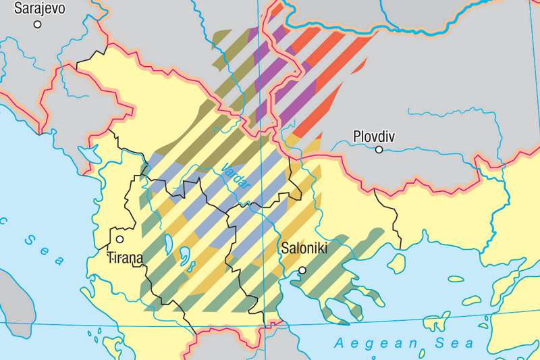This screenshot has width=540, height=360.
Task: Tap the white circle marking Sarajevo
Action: [38, 24]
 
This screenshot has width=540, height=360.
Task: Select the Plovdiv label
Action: [374, 136]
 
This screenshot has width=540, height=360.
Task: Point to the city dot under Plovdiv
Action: [379, 149]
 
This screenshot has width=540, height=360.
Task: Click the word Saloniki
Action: [304, 249]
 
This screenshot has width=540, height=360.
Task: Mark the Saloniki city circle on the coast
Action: [302, 270]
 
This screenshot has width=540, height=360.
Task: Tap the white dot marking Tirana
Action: [119, 238]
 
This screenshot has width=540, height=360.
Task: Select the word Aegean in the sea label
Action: [369, 344]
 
